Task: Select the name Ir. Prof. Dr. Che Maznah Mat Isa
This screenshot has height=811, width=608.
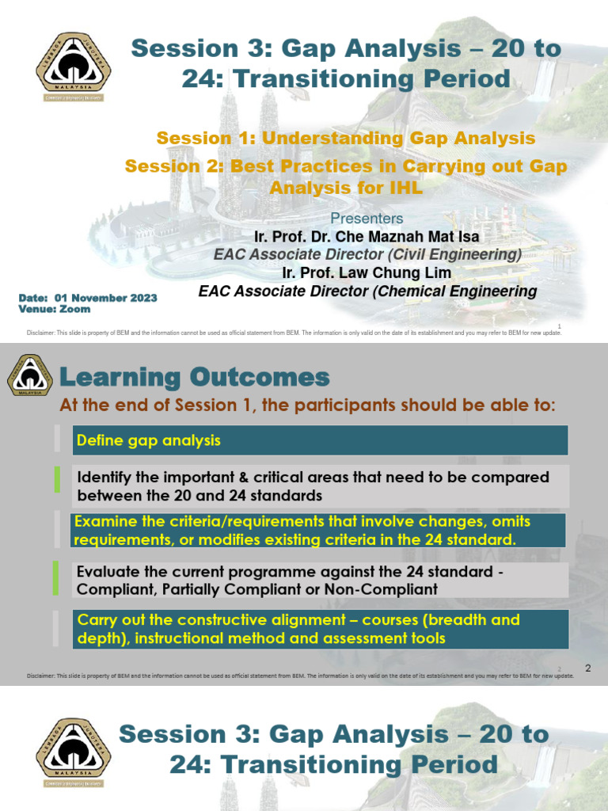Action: (x=367, y=236)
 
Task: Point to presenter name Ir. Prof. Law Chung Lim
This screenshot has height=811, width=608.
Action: (x=367, y=272)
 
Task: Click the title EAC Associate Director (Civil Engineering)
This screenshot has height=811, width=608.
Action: (x=367, y=254)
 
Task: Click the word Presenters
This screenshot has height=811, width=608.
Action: (x=367, y=218)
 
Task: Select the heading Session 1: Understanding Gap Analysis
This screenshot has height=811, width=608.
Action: (x=346, y=138)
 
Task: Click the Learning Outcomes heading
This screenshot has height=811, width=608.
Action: (x=195, y=376)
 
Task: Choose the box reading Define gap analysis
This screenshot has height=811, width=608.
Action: (x=320, y=440)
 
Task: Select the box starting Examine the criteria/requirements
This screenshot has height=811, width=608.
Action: (x=318, y=531)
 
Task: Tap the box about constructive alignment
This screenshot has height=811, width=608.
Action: (x=320, y=629)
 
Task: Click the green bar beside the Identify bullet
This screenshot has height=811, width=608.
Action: (x=57, y=480)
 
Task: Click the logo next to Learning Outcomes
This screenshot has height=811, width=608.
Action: (x=29, y=375)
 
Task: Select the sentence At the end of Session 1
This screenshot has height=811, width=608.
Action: (x=308, y=405)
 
